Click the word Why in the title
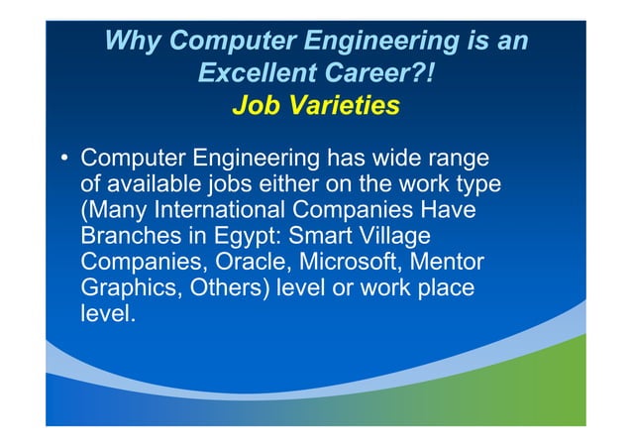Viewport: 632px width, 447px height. tap(134, 42)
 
